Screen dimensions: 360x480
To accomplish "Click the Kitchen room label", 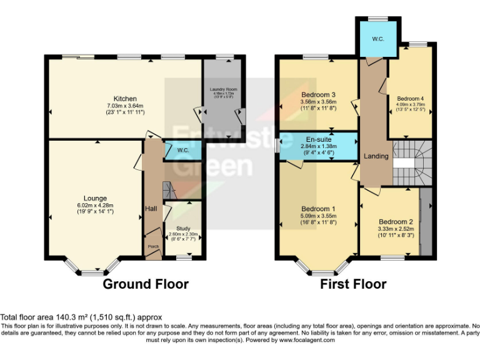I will (125, 98).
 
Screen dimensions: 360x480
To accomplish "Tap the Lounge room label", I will (95, 198).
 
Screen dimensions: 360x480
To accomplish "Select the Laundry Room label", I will (222, 89).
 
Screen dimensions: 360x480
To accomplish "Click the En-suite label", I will (317, 140).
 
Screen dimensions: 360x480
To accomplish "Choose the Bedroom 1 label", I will (318, 209).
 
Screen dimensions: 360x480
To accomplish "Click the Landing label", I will (376, 156).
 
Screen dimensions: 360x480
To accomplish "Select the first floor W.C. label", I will (378, 39).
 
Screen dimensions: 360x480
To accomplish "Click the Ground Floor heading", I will (145, 284).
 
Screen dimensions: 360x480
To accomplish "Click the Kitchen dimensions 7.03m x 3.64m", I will (125, 106).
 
